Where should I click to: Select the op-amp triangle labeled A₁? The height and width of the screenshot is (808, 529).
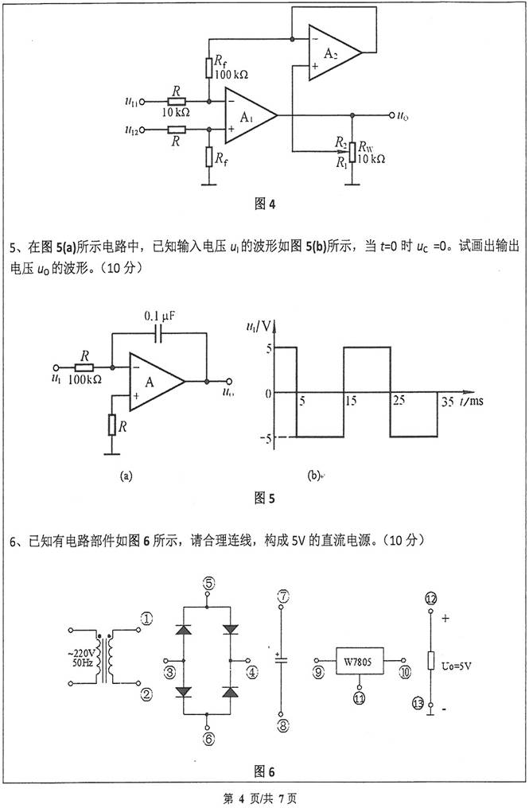[x=247, y=115]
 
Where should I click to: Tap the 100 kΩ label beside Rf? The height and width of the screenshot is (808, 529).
[x=231, y=74]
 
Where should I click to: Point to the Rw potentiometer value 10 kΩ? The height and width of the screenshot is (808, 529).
[x=371, y=159]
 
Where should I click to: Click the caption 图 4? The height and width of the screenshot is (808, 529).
[x=264, y=204]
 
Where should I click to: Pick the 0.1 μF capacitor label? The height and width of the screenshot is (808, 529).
[x=159, y=316]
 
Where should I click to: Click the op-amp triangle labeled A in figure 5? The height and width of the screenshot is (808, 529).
[x=154, y=382]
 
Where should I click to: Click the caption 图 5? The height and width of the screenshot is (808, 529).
[x=264, y=499]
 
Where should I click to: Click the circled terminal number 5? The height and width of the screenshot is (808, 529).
[x=208, y=583]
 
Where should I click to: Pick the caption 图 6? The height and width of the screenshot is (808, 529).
[x=264, y=771]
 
